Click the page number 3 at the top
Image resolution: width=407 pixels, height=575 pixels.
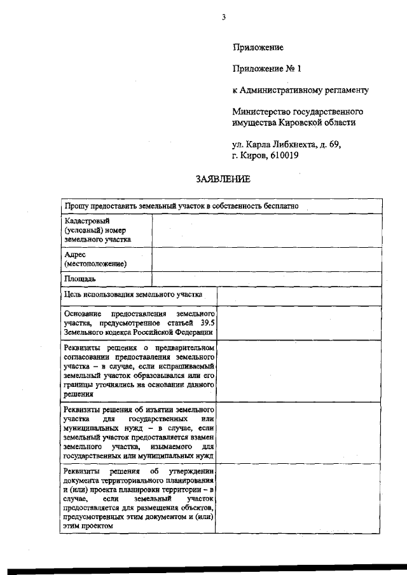click(x=224, y=17)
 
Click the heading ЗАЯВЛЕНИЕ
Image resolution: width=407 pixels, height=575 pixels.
click(x=223, y=179)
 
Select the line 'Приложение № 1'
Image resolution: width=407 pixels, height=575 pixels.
click(x=266, y=69)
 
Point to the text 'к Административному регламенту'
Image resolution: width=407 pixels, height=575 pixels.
click(x=300, y=90)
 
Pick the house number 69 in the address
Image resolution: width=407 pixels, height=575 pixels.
click(x=335, y=144)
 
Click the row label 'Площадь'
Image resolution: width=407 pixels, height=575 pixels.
click(x=80, y=279)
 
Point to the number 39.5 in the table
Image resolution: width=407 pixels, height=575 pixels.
click(x=207, y=323)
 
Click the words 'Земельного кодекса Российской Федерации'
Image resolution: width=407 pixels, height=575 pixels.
click(x=138, y=332)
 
